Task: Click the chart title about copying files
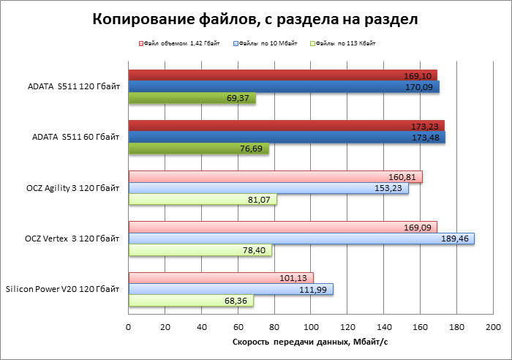click(255, 20)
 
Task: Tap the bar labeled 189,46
click(301, 239)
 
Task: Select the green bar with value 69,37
click(192, 98)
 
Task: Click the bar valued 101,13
click(221, 277)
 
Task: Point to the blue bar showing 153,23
click(268, 188)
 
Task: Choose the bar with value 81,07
click(203, 200)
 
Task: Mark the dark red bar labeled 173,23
click(286, 126)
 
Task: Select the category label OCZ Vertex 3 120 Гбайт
click(72, 239)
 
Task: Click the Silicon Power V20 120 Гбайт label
click(63, 290)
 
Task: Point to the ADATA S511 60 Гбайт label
click(76, 138)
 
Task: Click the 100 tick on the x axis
click(311, 326)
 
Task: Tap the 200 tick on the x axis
click(493, 326)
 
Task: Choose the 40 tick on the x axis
click(202, 326)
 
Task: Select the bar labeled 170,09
click(284, 87)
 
